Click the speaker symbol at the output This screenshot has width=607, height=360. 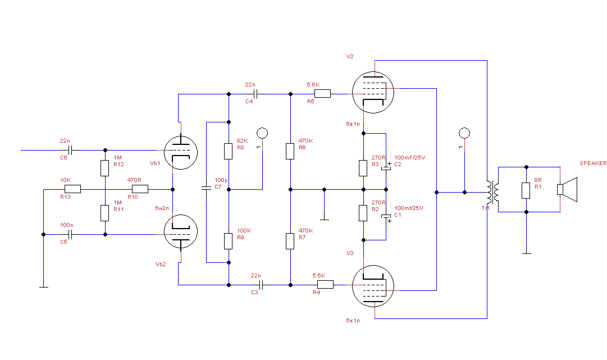568,189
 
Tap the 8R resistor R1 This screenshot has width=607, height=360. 526,190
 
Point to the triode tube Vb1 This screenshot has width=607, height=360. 181,152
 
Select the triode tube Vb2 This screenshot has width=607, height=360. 181,231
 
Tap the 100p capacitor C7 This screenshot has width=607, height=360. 206,188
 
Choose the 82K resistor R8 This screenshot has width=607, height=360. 229,151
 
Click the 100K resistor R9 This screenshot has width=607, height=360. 229,241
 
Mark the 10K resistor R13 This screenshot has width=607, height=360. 72,189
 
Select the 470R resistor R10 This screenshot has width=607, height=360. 140,189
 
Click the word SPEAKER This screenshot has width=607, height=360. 593,163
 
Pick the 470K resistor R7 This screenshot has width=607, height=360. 290,241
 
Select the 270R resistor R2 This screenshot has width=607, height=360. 364,213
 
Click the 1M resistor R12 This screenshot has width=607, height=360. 104,168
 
